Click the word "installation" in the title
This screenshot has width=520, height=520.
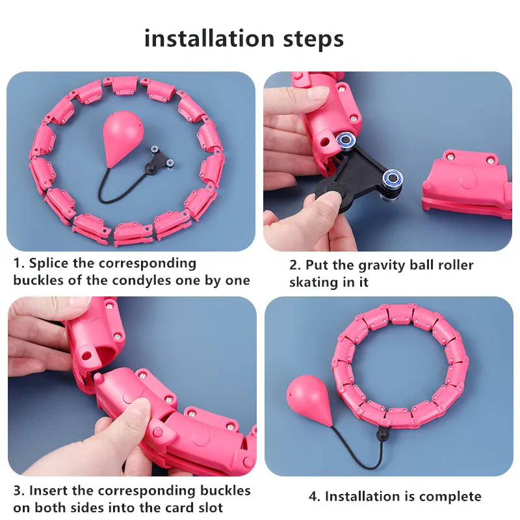[209, 38]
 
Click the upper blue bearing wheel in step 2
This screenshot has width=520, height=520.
[346, 140]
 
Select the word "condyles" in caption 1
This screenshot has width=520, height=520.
[142, 281]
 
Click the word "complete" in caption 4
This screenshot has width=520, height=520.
[450, 497]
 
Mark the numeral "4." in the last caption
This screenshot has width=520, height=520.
[315, 497]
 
